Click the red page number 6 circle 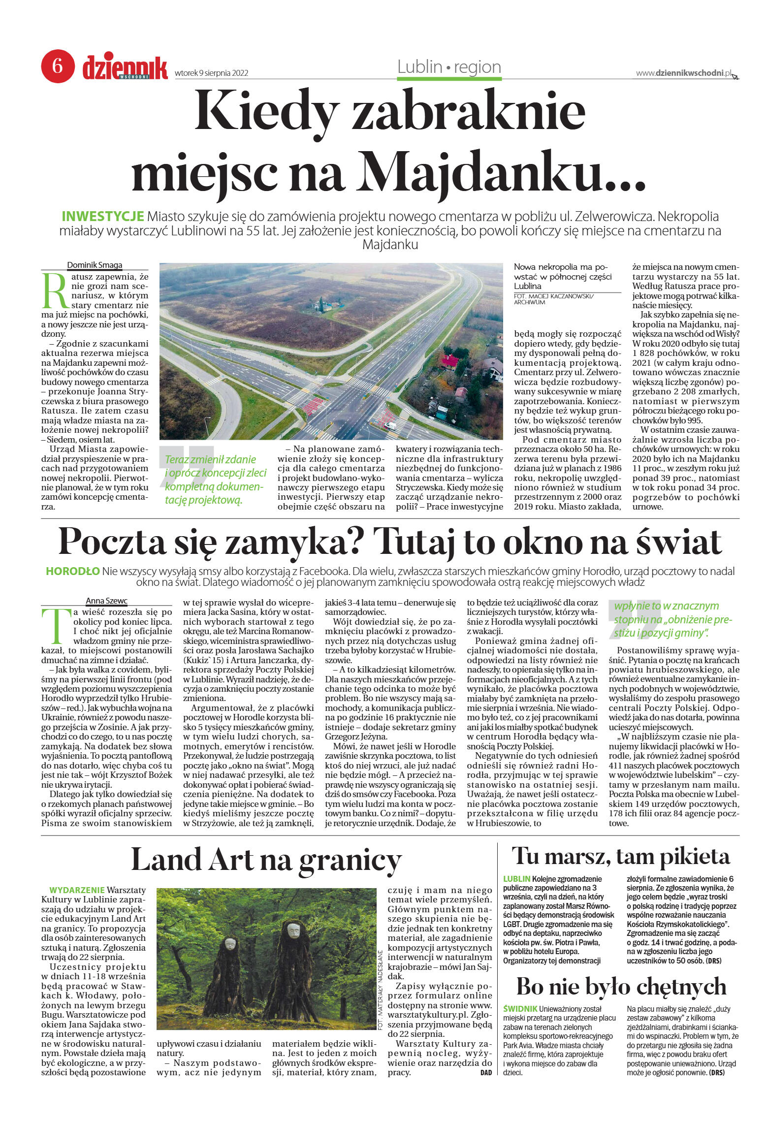coord(58,65)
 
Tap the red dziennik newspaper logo coord(125,68)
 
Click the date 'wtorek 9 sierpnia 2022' coord(211,73)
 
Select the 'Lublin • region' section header coord(449,67)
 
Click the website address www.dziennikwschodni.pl coord(683,73)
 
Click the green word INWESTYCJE coord(102,216)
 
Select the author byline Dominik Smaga coord(95,265)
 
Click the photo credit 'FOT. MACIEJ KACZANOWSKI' coord(553,296)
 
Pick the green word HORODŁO coord(72,571)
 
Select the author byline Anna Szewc coord(106,601)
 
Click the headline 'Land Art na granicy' coord(266,859)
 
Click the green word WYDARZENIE coord(77,890)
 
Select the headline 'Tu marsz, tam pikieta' coord(620,856)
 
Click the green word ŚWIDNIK coord(520,1009)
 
